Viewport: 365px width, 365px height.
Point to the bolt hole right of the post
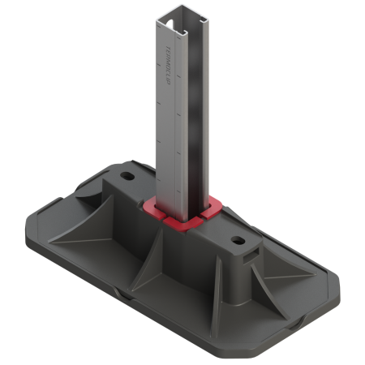coord(236,241)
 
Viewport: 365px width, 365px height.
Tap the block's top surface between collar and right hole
coord(217,228)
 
